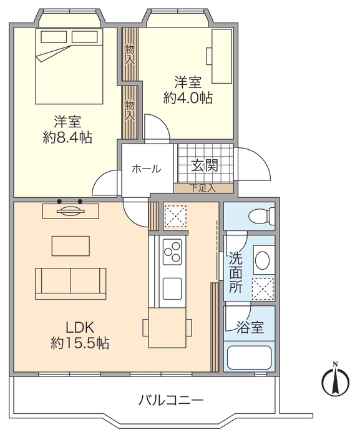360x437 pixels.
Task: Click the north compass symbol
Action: point(335,380)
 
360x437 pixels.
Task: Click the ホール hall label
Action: point(146,168)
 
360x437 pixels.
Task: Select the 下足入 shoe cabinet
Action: point(203,187)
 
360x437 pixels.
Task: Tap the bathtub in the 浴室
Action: point(250,357)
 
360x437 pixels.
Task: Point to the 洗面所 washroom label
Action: point(235,272)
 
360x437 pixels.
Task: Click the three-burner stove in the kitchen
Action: point(172,252)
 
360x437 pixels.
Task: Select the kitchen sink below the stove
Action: point(172,288)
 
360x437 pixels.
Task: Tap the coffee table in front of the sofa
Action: point(70,245)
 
